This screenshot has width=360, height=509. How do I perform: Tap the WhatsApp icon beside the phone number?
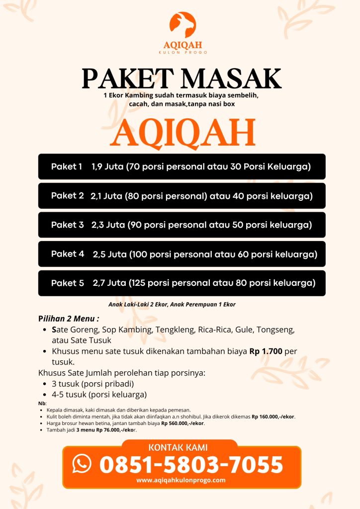tap(82, 463)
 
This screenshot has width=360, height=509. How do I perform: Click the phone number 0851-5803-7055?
tap(191, 464)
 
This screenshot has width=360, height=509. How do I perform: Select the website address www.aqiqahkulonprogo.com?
tap(181, 480)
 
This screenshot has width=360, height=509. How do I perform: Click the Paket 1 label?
tap(67, 167)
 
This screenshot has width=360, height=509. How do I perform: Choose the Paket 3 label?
tap(68, 225)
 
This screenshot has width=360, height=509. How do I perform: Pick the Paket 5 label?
tap(68, 283)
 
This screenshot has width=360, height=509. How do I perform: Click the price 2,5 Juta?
tap(109, 254)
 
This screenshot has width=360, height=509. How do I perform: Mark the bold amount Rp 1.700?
tap(266, 351)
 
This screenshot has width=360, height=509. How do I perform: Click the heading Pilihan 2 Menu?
tap(69, 318)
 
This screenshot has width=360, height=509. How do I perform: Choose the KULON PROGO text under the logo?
tap(182, 52)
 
